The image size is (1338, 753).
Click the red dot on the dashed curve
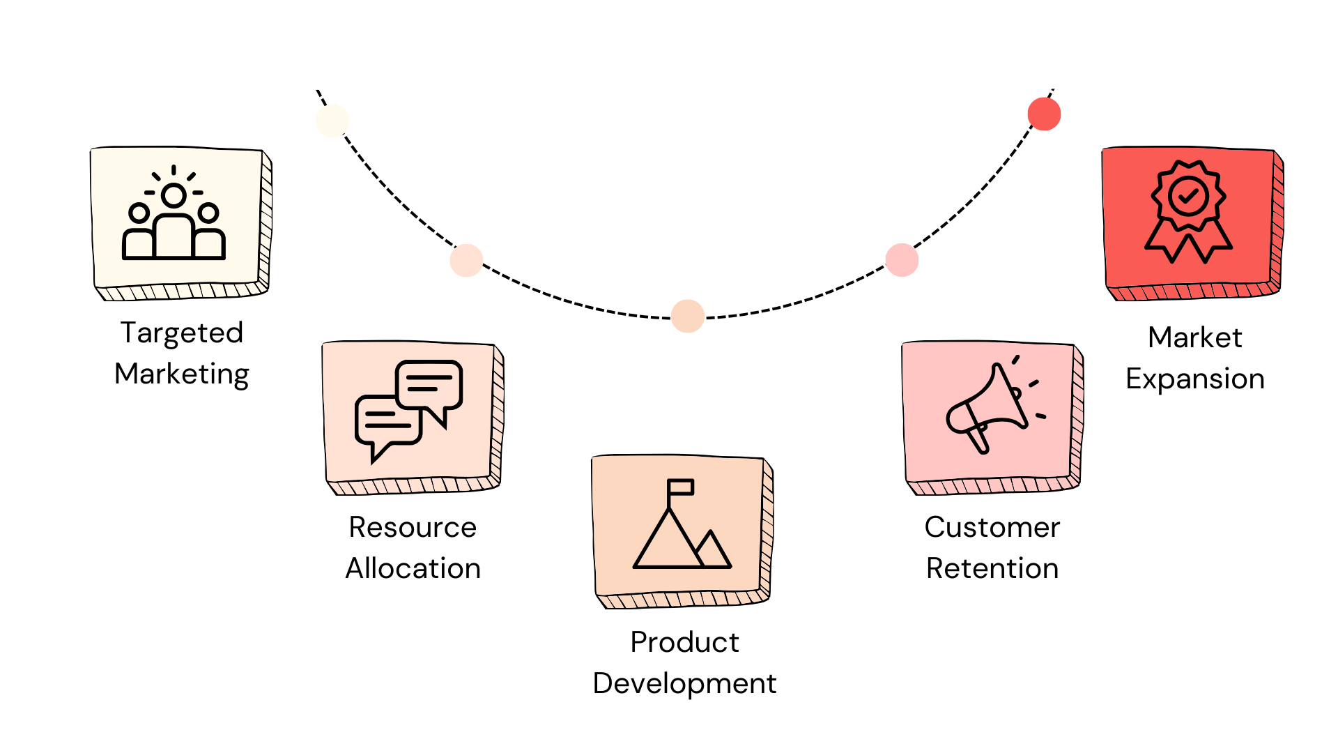tap(1044, 114)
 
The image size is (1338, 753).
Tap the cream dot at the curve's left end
tap(332, 121)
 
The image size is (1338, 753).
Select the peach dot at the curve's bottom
tap(688, 316)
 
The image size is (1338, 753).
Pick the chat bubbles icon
tap(408, 410)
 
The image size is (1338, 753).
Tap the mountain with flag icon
tap(682, 524)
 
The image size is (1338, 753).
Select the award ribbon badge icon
tap(1188, 211)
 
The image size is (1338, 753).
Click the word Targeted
tap(182, 333)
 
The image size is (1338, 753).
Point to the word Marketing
tap(182, 374)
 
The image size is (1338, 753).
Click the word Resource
tap(413, 527)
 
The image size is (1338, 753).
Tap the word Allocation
tap(413, 568)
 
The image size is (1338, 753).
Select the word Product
tap(684, 642)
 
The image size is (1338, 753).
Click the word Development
tap(684, 683)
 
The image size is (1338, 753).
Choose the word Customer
tap(992, 527)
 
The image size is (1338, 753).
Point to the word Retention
tap(992, 568)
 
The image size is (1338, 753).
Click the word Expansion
tap(1194, 379)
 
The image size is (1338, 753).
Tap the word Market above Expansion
tap(1194, 337)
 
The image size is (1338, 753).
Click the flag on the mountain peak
tap(681, 487)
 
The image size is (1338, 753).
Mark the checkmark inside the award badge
tap(1188, 197)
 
